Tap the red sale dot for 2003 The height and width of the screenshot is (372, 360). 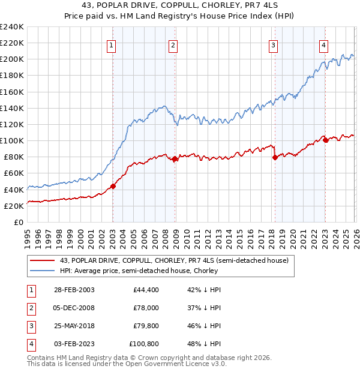(113, 186)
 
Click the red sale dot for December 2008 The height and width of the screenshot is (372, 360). (175, 159)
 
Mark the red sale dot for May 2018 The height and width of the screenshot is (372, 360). (275, 157)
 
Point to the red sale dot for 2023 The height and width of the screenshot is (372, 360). (325, 140)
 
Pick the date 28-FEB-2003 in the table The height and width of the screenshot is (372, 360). (74, 290)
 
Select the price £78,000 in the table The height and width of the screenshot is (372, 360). (145, 307)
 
